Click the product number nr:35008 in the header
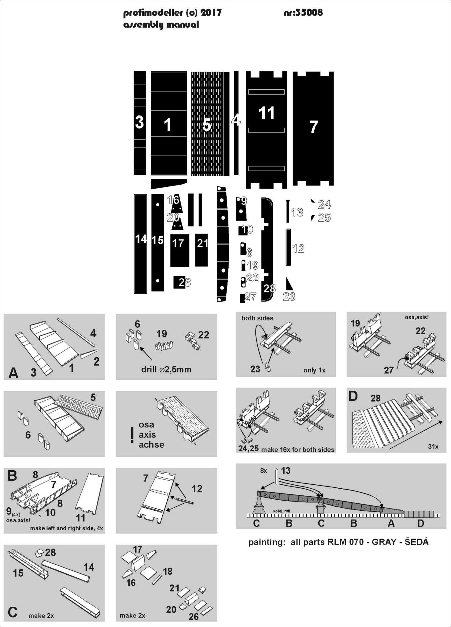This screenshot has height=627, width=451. point(303,13)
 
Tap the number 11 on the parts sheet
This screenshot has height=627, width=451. point(266,113)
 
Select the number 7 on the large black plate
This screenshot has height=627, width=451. point(314,127)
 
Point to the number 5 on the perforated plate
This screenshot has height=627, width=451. point(207,125)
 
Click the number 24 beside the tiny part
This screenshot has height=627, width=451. point(324,205)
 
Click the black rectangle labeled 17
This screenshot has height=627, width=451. point(179,250)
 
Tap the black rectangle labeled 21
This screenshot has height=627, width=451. point(201,250)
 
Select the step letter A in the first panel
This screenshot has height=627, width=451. point(13,373)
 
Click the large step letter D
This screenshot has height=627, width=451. point(353,396)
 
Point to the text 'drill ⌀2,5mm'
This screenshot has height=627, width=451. point(166,370)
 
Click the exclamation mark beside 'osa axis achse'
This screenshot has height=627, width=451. point(132,435)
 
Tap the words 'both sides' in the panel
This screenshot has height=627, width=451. point(257,318)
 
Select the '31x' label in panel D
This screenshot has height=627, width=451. point(433,447)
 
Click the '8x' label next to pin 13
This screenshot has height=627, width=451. point(264,471)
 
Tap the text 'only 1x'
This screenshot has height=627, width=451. point(314,370)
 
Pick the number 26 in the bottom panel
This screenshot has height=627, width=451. point(194,617)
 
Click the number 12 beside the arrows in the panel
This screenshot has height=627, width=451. point(197,489)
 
